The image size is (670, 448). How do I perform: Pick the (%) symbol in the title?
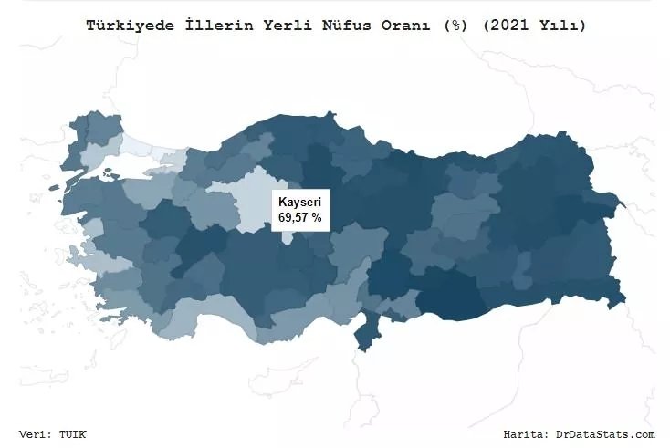pyautogui.click(x=453, y=26)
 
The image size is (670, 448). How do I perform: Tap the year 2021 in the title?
pyautogui.click(x=504, y=26)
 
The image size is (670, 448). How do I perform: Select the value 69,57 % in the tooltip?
pyautogui.click(x=299, y=218)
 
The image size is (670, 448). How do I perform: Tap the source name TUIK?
pyautogui.click(x=75, y=434)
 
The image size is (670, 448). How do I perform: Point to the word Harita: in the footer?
pyautogui.click(x=526, y=434)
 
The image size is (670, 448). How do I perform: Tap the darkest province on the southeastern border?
pyautogui.click(x=456, y=297)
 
